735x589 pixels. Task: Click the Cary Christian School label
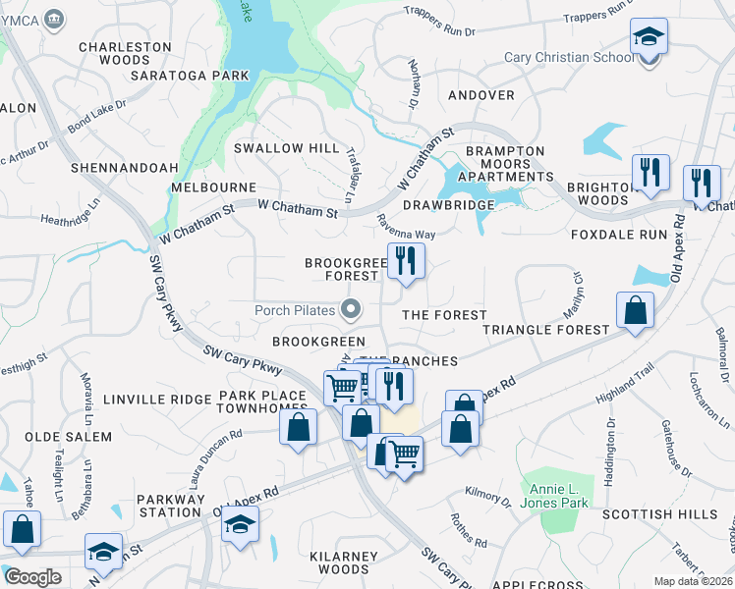click(x=569, y=57)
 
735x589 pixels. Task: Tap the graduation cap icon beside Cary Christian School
click(x=648, y=39)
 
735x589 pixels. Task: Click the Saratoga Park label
click(x=202, y=75)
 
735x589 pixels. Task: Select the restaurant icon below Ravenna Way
click(x=405, y=261)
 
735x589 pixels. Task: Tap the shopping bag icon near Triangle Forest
click(x=636, y=310)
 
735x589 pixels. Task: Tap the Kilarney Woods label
click(x=336, y=562)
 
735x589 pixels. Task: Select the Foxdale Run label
click(x=618, y=236)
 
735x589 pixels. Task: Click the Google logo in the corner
click(x=31, y=577)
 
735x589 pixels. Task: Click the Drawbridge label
click(x=448, y=204)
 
